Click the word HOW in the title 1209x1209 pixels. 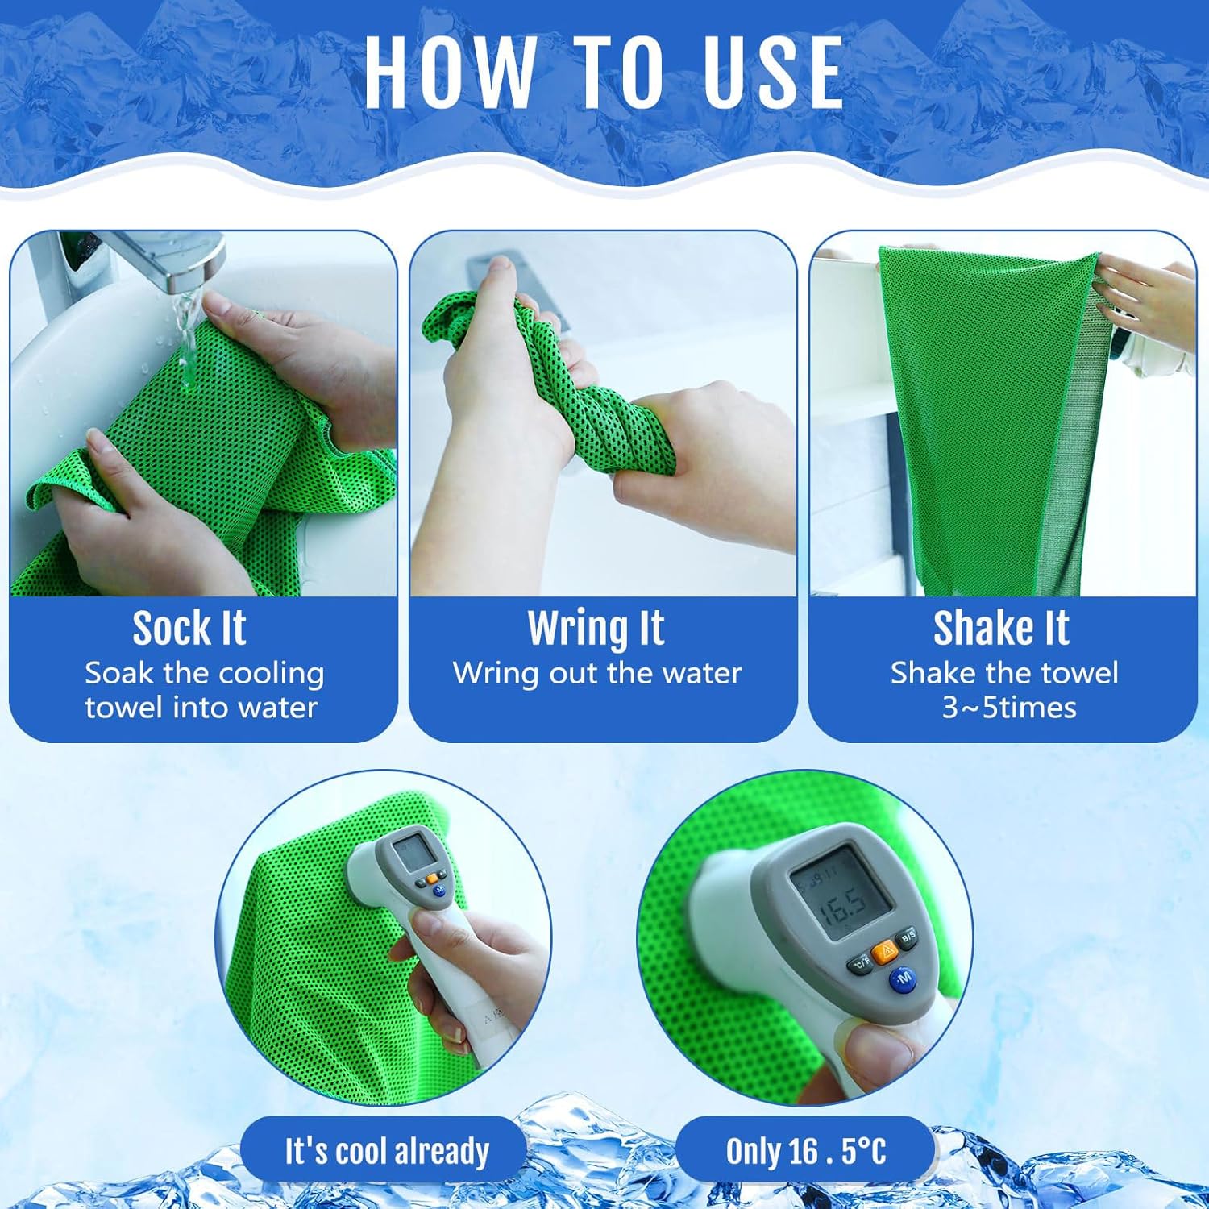(448, 73)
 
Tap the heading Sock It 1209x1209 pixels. (189, 628)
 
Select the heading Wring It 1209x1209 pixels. (596, 629)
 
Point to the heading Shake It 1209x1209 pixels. (1001, 628)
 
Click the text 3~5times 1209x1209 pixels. (1009, 708)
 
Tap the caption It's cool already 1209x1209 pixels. (387, 1151)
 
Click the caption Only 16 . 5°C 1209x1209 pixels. (806, 1151)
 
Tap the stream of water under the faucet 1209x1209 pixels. (188, 339)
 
